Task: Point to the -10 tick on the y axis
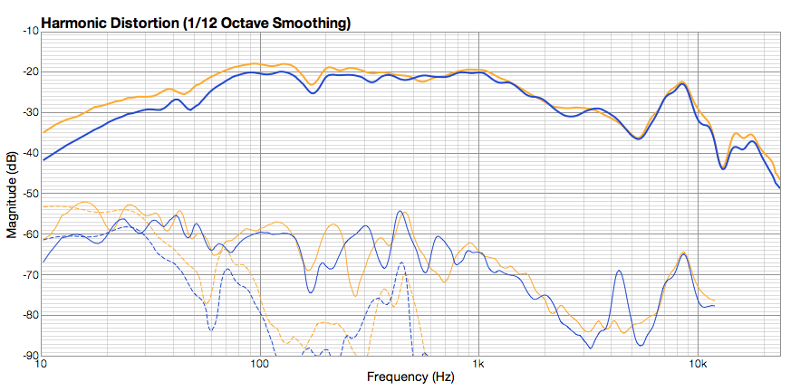(29, 31)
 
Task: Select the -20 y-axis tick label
(29, 72)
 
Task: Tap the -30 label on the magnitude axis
(29, 112)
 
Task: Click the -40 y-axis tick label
(29, 153)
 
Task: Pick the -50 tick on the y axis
(29, 194)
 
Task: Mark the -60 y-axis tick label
(29, 234)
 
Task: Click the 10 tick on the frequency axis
(42, 365)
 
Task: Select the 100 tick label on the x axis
(260, 365)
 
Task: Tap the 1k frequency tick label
(479, 365)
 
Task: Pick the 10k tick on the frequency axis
(698, 365)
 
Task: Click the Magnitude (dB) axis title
(11, 194)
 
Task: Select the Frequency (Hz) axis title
(410, 377)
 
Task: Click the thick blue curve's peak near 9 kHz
(682, 84)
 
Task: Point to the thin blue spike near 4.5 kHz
(619, 271)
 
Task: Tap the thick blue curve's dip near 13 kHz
(723, 168)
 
